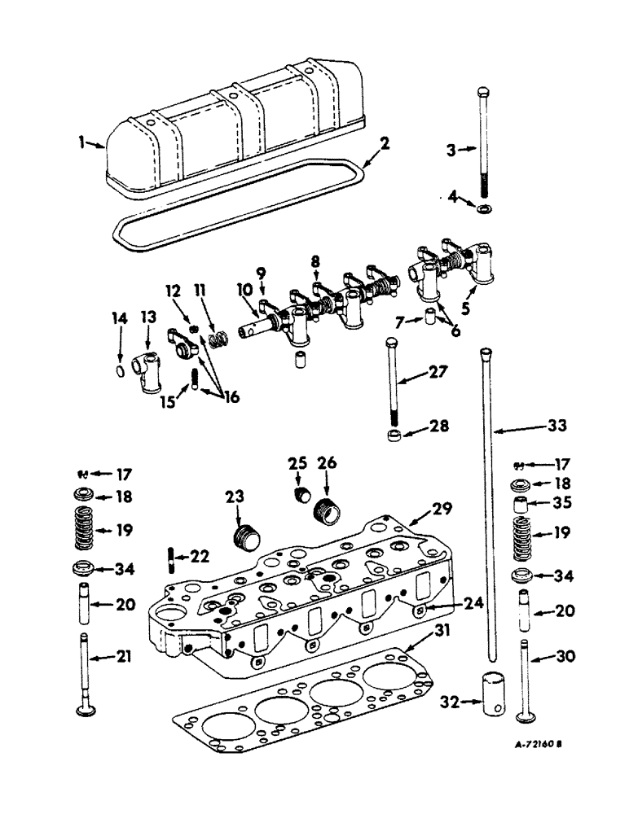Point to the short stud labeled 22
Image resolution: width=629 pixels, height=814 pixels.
click(x=172, y=562)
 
